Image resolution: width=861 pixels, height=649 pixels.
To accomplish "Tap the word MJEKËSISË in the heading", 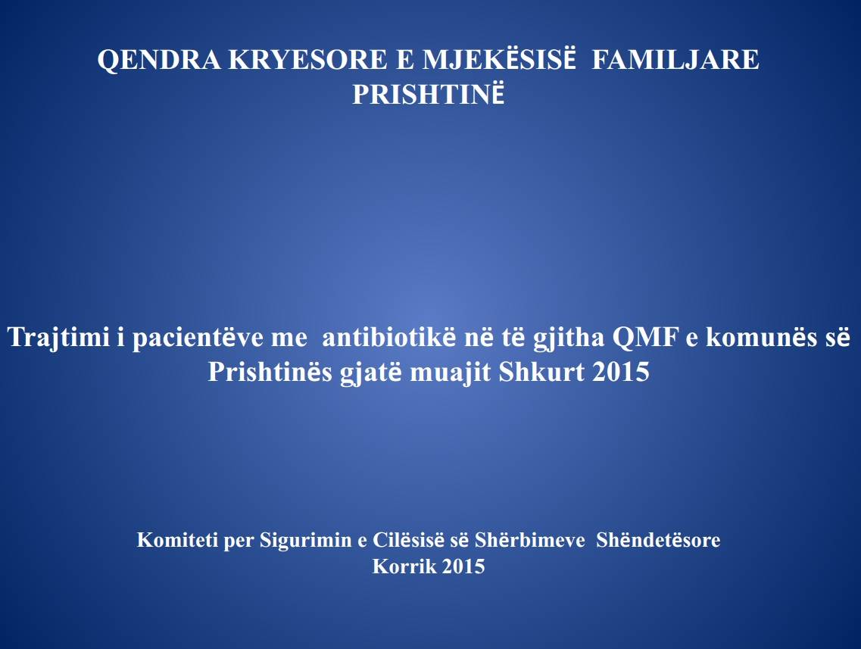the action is pyautogui.click(x=498, y=59).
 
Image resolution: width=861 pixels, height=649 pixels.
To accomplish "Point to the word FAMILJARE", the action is pyautogui.click(x=675, y=60).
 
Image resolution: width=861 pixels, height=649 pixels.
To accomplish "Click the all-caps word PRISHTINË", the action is pyautogui.click(x=429, y=94).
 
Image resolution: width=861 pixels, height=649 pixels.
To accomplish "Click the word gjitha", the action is pyautogui.click(x=568, y=337).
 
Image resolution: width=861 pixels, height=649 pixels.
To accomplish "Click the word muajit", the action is pyautogui.click(x=451, y=373).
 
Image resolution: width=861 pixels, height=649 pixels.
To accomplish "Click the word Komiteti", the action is pyautogui.click(x=176, y=540).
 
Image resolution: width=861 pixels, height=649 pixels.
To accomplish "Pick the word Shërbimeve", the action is pyautogui.click(x=530, y=540).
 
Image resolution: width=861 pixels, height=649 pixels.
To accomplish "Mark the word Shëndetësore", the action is pyautogui.click(x=658, y=540).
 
